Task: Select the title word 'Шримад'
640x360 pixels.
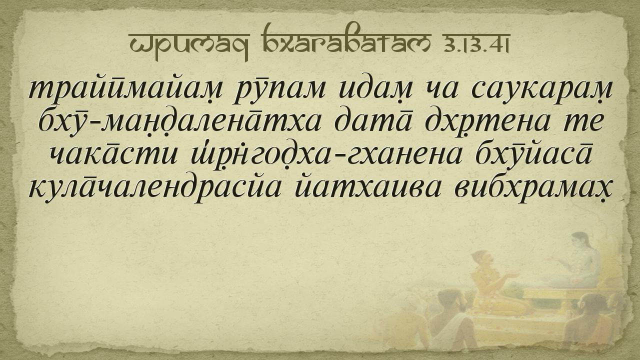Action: [189, 45]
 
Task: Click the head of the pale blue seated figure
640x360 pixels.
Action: [579, 242]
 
